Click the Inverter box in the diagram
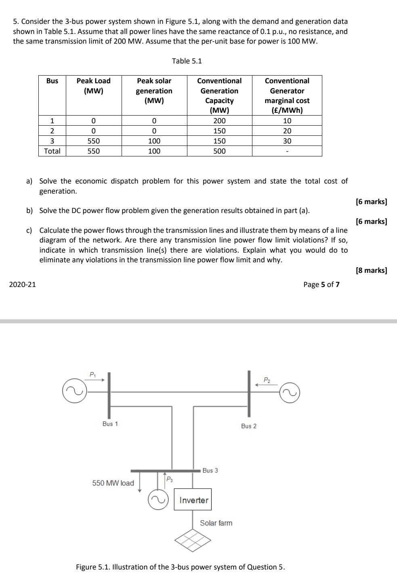tap(193, 500)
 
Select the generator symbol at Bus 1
tap(74, 391)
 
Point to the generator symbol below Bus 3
tap(158, 500)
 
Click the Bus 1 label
tap(110, 424)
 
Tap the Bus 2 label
tap(248, 426)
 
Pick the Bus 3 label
tap(210, 470)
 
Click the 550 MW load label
tap(113, 483)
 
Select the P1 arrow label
tap(92, 374)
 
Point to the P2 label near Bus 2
tap(267, 380)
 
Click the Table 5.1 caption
tap(187, 61)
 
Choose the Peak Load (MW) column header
tap(93, 86)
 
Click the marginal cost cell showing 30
tap(287, 141)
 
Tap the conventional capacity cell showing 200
tap(219, 121)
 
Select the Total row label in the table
tap(52, 151)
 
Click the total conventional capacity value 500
tap(219, 151)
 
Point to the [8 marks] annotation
tap(371, 270)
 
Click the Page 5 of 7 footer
tap(321, 284)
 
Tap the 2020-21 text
tap(23, 284)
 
